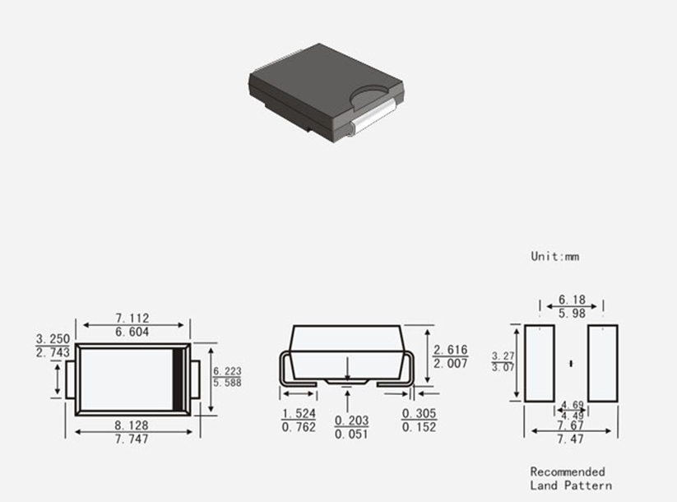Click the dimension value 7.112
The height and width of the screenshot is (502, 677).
click(x=132, y=318)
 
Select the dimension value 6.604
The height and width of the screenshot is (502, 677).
click(x=132, y=332)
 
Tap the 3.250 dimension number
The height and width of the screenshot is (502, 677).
click(x=53, y=339)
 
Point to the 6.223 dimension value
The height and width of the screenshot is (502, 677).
click(x=227, y=371)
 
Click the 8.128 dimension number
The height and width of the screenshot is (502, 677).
click(x=132, y=425)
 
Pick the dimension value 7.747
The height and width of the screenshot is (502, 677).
click(x=132, y=439)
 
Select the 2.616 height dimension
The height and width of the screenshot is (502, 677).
click(x=450, y=350)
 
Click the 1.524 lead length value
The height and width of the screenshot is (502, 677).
click(x=299, y=413)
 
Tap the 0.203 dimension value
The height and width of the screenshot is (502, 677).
click(x=352, y=421)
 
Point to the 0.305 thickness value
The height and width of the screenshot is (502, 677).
click(x=420, y=413)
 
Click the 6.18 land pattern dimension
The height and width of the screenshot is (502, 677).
click(x=572, y=300)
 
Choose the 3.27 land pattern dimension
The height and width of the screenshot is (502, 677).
click(x=503, y=356)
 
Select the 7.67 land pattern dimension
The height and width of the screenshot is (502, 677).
click(x=570, y=425)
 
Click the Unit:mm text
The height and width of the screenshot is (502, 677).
click(x=554, y=256)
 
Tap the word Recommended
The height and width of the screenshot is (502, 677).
click(x=568, y=472)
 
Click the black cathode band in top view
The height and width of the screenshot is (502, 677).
click(x=178, y=379)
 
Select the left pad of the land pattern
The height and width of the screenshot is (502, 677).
click(x=540, y=363)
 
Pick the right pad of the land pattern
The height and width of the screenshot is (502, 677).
click(x=603, y=363)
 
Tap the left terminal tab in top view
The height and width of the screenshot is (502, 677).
click(x=71, y=379)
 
